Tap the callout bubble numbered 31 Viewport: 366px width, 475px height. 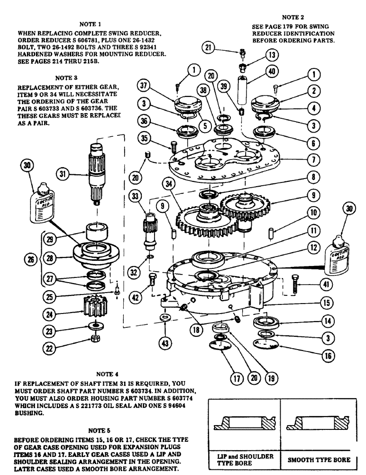62,174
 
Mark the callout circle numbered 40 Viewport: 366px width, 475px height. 270,73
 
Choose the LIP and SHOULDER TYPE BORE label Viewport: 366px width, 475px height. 242,460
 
